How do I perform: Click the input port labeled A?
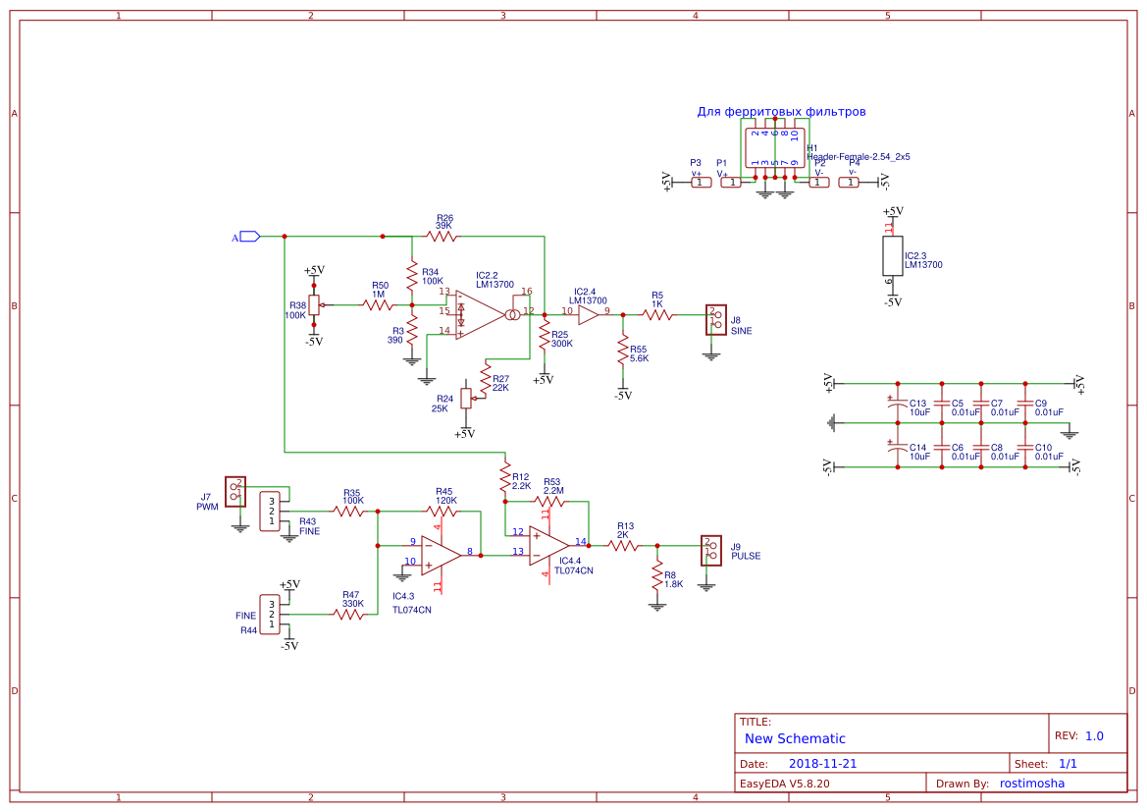[x=248, y=237]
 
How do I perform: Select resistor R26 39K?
[x=443, y=237]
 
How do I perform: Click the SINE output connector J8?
[x=715, y=319]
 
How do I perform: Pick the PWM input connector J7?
[x=235, y=490]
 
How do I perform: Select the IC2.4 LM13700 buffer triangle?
[x=589, y=314]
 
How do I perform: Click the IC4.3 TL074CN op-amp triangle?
[x=440, y=555]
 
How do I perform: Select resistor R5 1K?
[x=656, y=314]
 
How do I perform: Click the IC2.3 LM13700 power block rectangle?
[x=892, y=256]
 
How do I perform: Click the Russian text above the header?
[x=781, y=112]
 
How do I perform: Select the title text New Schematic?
[x=795, y=738]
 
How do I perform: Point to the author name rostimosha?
[x=1031, y=783]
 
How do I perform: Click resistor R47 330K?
[x=350, y=615]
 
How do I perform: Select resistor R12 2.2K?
[x=505, y=478]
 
